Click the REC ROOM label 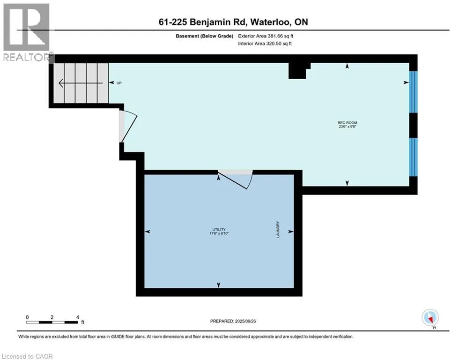tap(347, 123)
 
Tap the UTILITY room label tap(219, 229)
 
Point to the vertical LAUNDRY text tap(278, 229)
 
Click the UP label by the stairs tap(119, 83)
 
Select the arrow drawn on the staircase tap(81, 83)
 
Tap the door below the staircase tap(128, 127)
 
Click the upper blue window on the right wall tap(413, 92)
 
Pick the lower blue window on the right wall tap(413, 157)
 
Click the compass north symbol tap(430, 318)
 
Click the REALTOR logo tap(27, 32)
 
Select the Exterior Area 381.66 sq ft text tap(266, 36)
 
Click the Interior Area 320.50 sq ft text tap(265, 44)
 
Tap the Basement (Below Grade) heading tap(205, 36)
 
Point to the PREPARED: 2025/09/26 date tap(233, 321)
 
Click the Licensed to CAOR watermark tap(27, 356)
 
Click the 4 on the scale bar tap(77, 317)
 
